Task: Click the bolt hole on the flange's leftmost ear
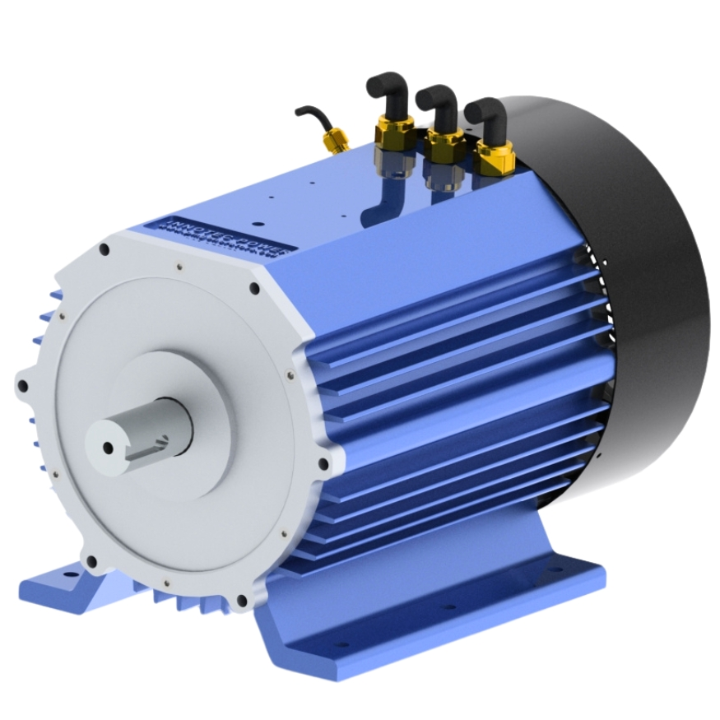pos(23,385)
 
